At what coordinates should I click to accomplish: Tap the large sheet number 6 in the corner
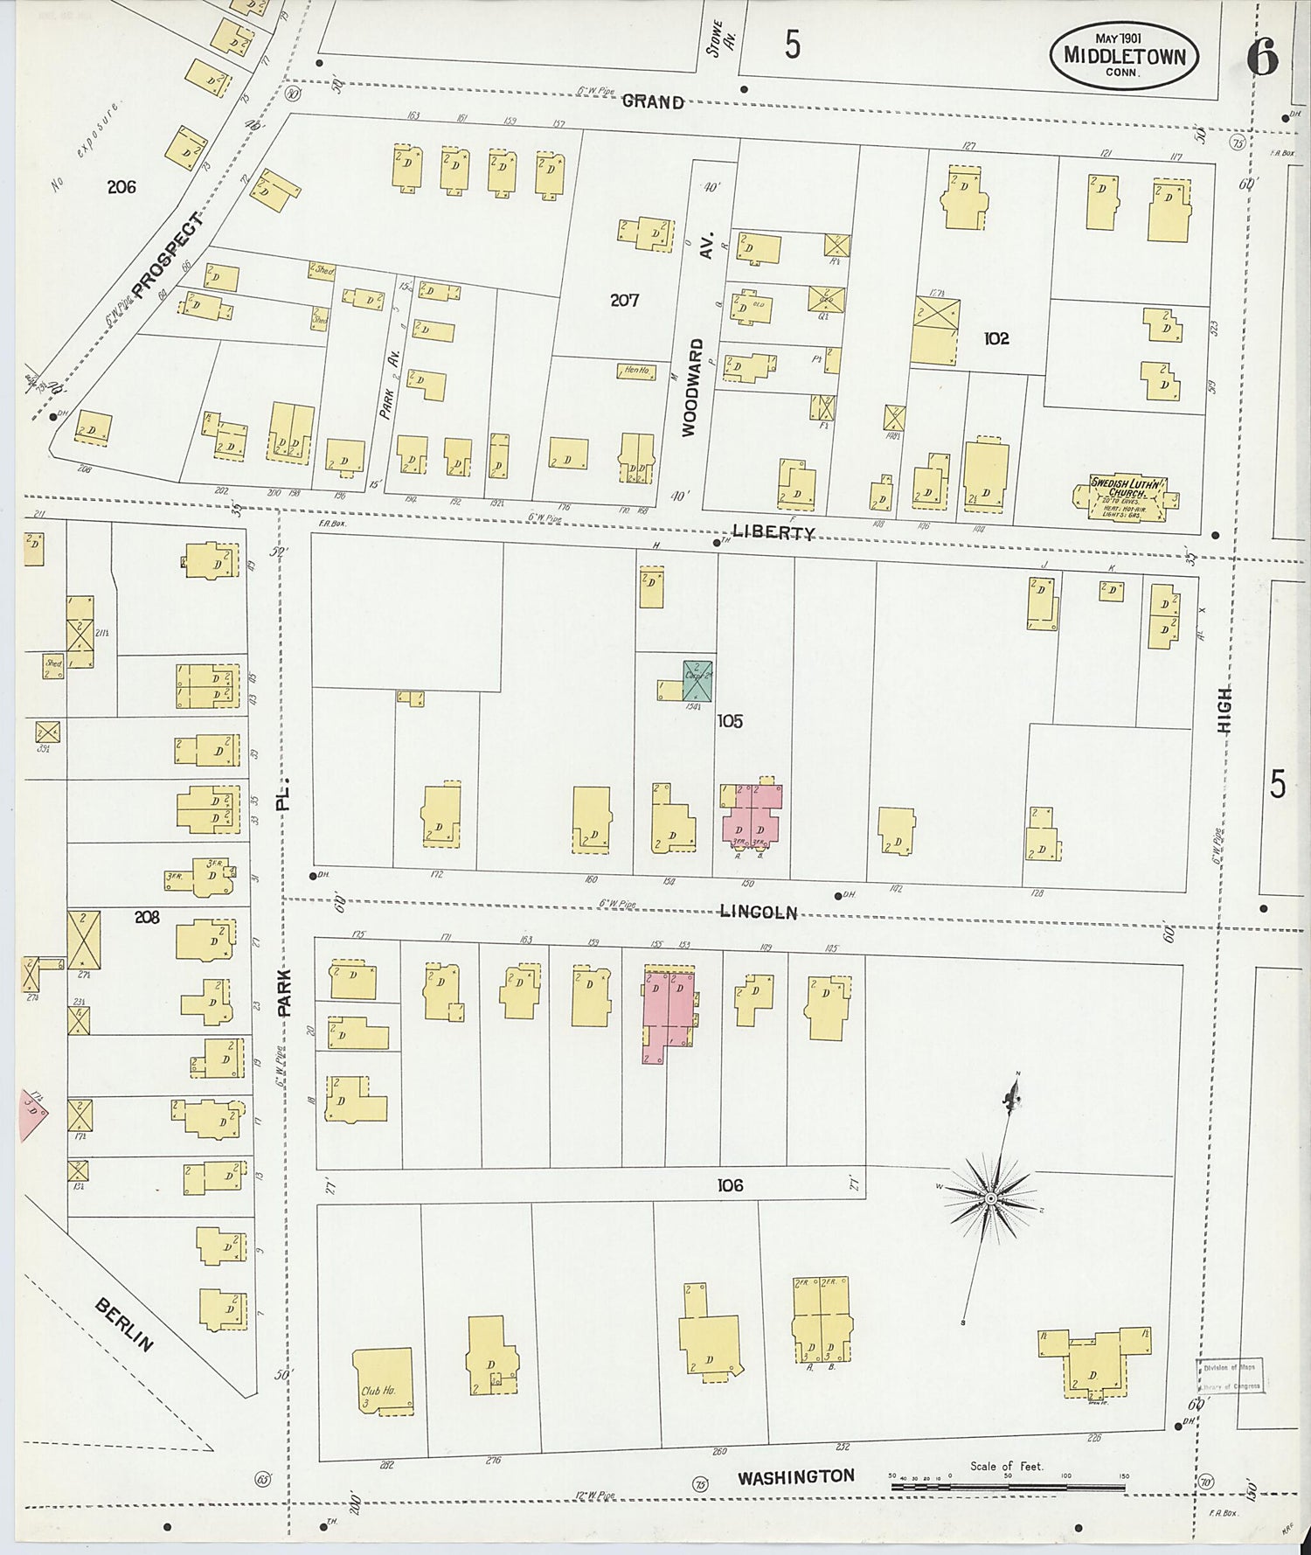pos(1262,58)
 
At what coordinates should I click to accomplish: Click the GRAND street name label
pos(653,102)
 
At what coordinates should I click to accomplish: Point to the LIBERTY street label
pos(773,531)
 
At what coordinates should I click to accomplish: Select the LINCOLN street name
pos(758,912)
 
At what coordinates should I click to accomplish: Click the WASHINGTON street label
pos(795,1476)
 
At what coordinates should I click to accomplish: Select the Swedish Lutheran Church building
pos(1124,498)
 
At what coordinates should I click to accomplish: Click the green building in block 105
pos(697,681)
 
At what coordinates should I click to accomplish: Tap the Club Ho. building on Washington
pos(383,1380)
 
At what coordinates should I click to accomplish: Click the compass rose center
pos(990,1198)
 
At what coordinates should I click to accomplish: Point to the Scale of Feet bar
pos(1007,1485)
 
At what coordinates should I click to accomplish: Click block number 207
pos(624,301)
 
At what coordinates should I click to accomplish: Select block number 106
pos(730,1185)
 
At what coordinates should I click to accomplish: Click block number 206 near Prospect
pos(121,186)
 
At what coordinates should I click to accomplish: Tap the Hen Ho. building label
pos(635,371)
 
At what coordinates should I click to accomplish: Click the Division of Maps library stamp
pos(1231,1378)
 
